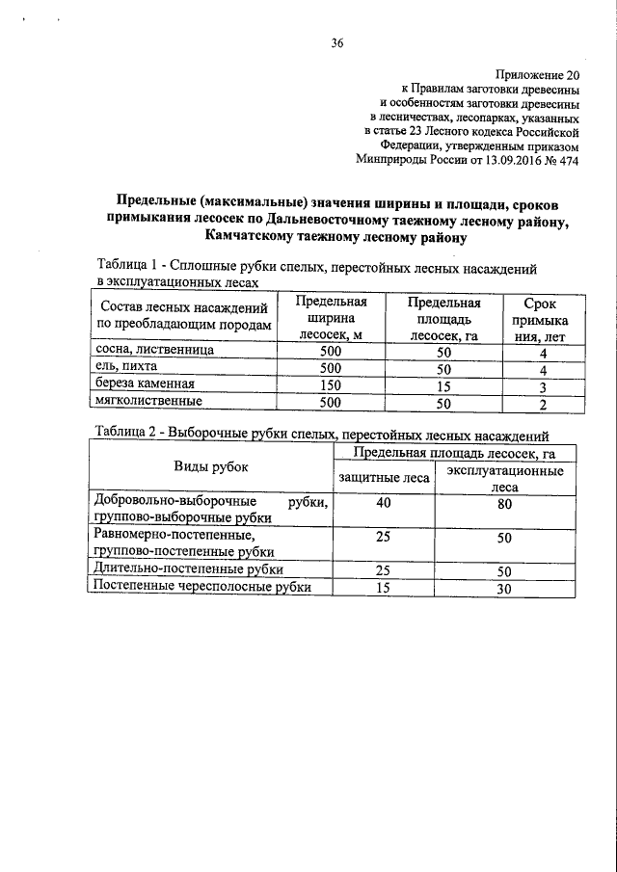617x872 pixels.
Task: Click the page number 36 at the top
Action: point(336,43)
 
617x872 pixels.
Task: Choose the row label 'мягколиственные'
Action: point(148,402)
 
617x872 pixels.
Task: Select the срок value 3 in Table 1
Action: point(543,387)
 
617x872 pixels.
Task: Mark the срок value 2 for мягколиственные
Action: point(543,404)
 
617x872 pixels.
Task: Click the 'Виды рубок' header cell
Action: point(210,467)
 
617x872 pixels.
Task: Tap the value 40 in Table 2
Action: point(384,503)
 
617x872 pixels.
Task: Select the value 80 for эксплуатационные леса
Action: point(503,505)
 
